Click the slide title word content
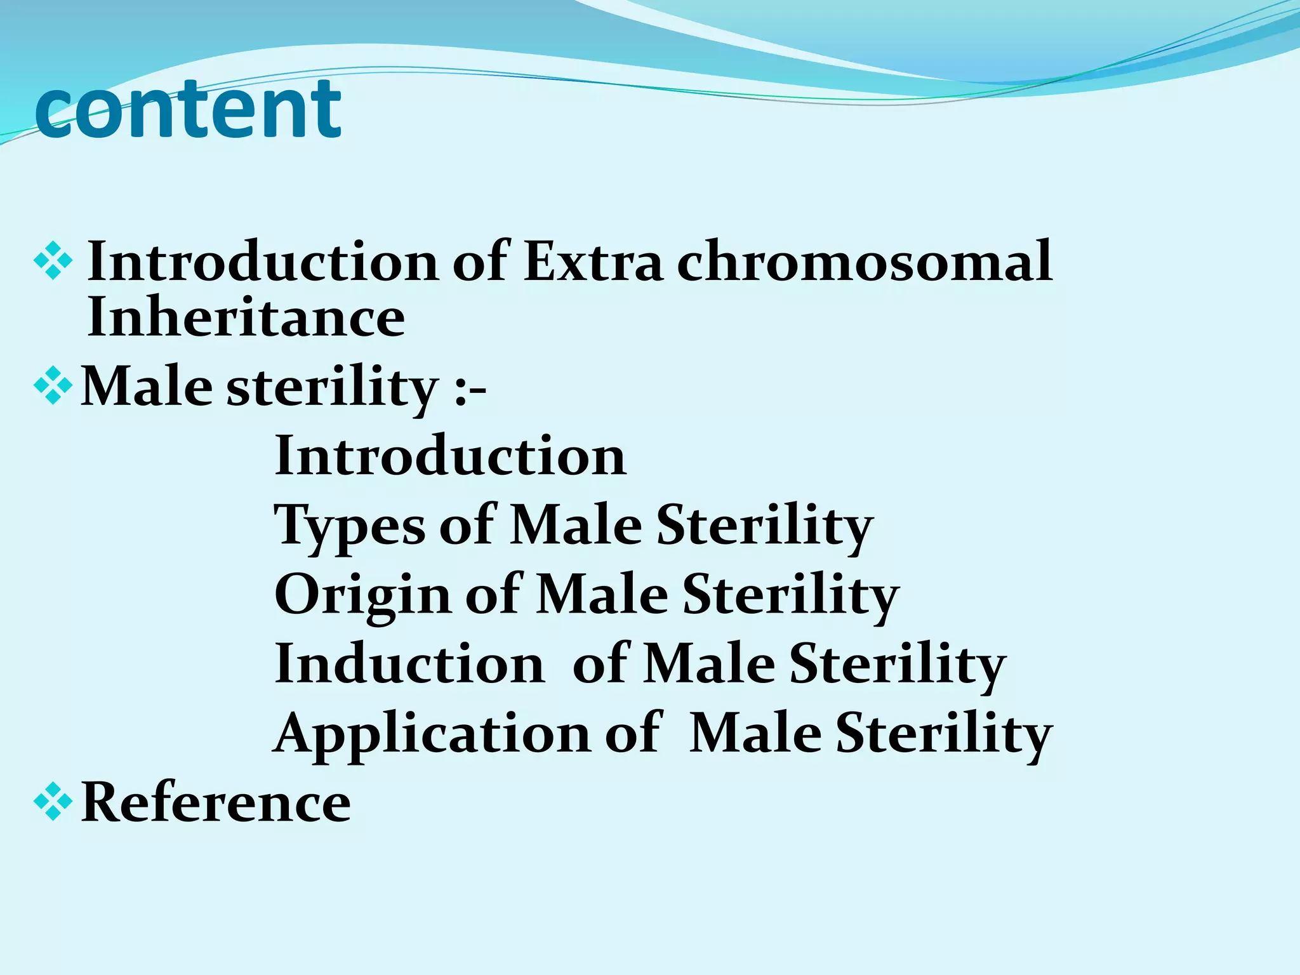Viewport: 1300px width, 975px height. coord(189,109)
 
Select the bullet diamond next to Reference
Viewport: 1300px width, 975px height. coord(53,802)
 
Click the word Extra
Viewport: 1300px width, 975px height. coord(593,262)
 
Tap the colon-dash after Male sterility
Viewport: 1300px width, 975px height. coord(470,388)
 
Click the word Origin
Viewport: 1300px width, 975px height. coord(362,595)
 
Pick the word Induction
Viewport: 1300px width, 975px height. coord(409,664)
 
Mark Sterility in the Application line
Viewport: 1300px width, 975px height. coord(943,735)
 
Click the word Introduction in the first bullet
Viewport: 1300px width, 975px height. coord(262,262)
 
